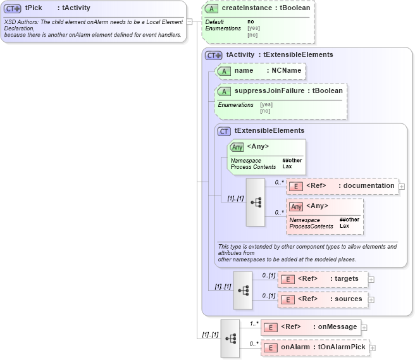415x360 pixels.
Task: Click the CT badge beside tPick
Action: coord(13,8)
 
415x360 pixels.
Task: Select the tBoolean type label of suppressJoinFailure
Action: coord(325,91)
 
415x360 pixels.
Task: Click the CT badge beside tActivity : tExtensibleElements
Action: coord(214,55)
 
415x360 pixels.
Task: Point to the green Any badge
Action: coord(237,147)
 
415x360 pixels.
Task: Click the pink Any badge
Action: coord(295,206)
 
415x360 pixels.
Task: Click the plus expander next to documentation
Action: coord(402,186)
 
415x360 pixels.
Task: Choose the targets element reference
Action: coord(347,278)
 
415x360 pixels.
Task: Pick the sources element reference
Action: coord(348,299)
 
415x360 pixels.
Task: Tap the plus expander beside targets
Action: coord(371,279)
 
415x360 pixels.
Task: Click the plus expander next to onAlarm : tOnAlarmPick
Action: coord(373,348)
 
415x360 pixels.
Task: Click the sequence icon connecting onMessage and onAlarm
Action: coord(230,338)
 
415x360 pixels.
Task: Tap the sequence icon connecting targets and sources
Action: coord(243,290)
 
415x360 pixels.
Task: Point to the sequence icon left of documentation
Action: coord(256,202)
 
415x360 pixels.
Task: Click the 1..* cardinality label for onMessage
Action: coord(254,323)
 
